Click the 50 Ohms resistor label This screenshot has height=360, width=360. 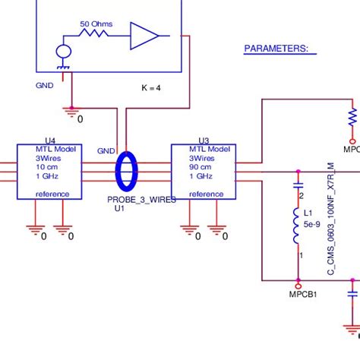coord(96,24)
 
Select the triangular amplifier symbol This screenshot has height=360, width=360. coord(143,36)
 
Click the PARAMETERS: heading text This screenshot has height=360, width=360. coord(275,49)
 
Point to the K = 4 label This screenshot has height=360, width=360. coord(151,88)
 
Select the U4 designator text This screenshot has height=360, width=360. coord(50,141)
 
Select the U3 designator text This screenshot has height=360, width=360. coord(204,141)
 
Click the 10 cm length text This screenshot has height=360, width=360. coord(47,166)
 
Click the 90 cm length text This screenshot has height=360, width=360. coord(201,166)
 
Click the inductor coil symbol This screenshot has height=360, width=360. coord(297,228)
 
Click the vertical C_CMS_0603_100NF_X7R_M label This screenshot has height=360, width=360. coord(331,219)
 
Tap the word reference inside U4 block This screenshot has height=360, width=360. coord(52,194)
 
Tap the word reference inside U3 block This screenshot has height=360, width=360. coord(206,194)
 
